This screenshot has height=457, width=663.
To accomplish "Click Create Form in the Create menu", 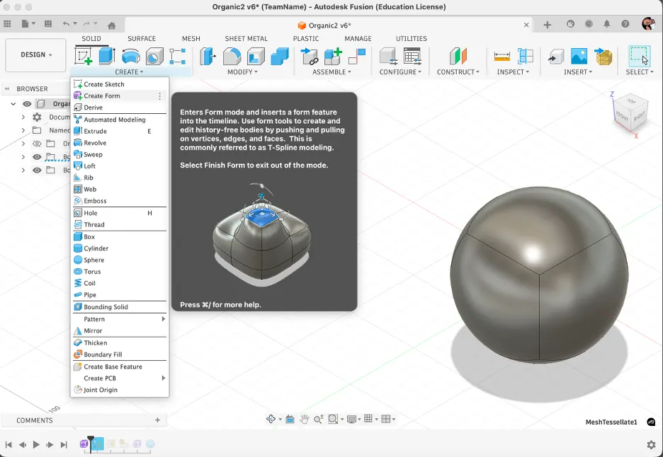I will point(102,96).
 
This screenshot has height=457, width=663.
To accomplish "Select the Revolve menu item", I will point(95,143).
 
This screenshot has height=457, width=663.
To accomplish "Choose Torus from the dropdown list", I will point(92,272).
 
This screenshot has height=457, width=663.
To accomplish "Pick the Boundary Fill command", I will point(103,354).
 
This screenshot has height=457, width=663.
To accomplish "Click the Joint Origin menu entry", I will point(101,390).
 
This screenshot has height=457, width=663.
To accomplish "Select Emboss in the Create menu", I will point(95,201).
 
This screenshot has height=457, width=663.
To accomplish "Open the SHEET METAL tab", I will point(246,39).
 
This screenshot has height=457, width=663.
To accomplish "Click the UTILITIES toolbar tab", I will point(411,39).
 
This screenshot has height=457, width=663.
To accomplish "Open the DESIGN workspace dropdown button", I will point(36,55).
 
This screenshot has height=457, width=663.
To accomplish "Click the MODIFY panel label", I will point(242,72).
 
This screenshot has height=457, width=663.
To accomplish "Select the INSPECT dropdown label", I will point(513,72).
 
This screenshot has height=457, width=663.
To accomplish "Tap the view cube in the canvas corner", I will point(628,113).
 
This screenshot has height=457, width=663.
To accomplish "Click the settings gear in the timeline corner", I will point(651,444).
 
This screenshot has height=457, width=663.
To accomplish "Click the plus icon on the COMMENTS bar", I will point(157,420).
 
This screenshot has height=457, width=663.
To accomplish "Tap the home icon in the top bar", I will point(111,25).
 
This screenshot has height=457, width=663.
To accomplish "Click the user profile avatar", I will point(648,24).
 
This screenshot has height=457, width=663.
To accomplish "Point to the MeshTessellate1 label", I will point(611,422).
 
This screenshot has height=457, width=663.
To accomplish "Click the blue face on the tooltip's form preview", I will point(263,219).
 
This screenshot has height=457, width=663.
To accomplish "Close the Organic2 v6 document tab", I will point(526,25).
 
